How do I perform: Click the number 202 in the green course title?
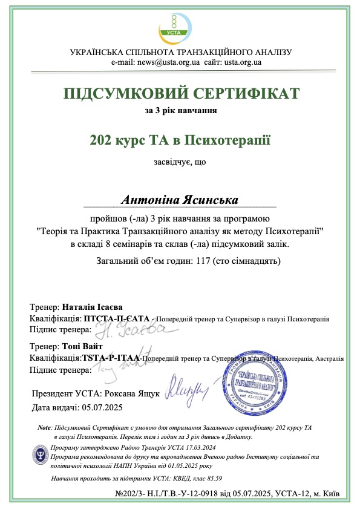tap(101, 141)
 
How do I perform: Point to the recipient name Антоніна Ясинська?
tap(180, 199)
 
